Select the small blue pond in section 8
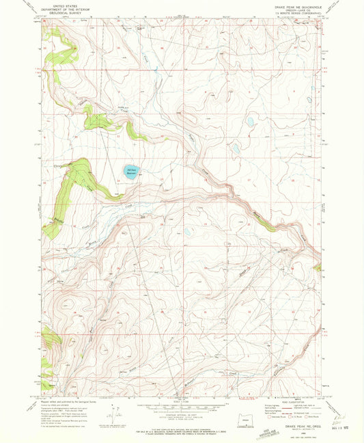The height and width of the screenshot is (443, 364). click(x=236, y=147)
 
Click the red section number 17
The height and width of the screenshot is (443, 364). click(x=249, y=180)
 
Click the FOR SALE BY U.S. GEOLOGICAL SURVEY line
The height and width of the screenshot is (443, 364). click(x=181, y=423)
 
